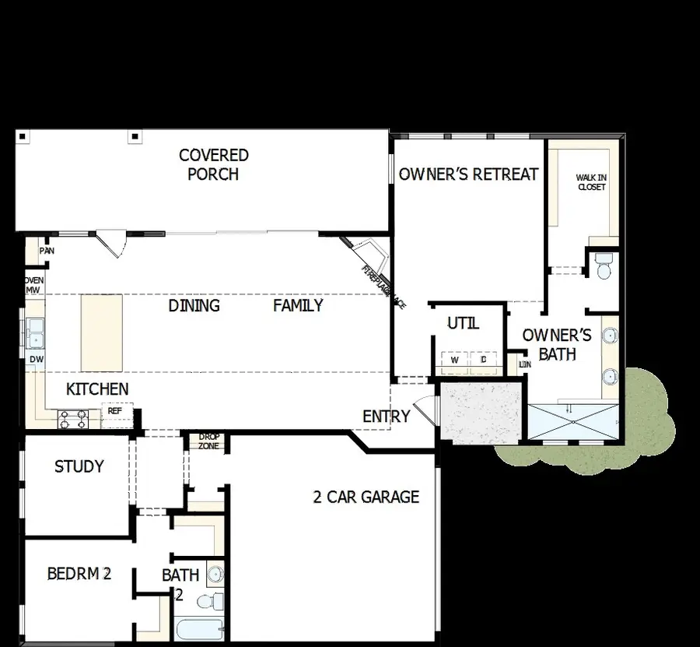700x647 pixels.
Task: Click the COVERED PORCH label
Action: coord(213,164)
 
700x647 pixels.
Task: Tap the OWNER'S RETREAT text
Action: coord(468,174)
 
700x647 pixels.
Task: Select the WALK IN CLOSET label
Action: coord(591,182)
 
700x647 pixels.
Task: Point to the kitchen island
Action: coord(102,332)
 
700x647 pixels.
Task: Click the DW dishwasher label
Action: coord(36,360)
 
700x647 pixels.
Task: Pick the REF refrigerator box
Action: coord(114,411)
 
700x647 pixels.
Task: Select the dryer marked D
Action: coord(483,360)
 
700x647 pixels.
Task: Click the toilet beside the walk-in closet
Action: coord(604,266)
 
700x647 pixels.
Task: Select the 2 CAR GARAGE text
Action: coord(366,497)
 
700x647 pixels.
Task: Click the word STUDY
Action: coord(79,466)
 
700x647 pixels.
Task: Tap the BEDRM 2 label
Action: coord(79,574)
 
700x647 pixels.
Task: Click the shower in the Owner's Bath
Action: coord(573,422)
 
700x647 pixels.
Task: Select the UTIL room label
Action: coord(463,323)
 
